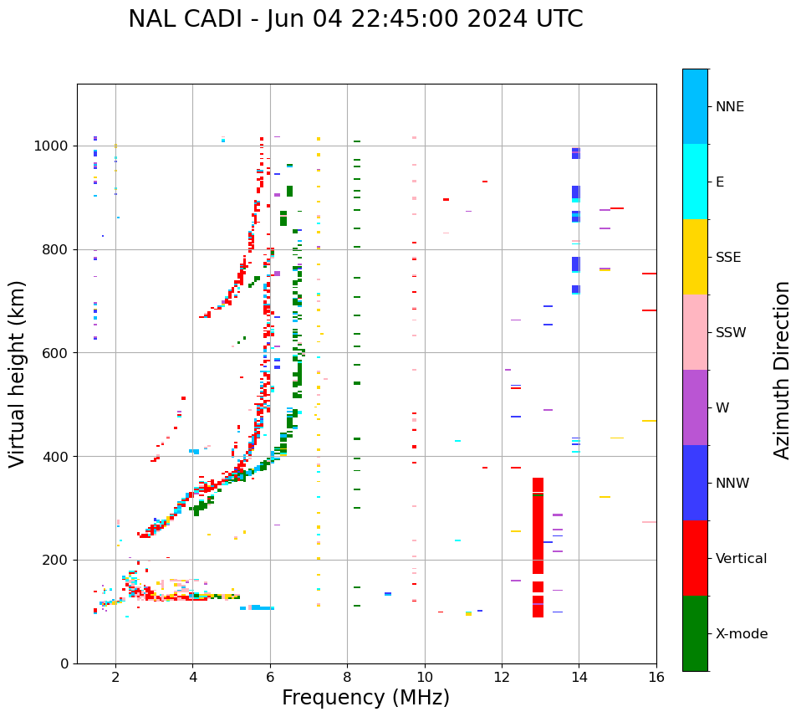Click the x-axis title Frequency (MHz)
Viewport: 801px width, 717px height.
(365, 698)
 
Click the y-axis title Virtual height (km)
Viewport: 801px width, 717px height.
(18, 374)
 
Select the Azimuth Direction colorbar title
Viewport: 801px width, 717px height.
(782, 370)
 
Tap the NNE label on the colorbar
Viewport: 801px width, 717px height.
(730, 107)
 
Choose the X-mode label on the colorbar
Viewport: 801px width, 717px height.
(742, 634)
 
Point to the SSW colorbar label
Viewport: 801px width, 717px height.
(731, 333)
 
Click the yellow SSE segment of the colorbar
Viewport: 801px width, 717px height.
(695, 257)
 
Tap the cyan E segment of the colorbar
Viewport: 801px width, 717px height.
(695, 182)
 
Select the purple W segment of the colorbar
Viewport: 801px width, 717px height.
(695, 407)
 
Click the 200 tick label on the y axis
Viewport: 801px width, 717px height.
(59, 561)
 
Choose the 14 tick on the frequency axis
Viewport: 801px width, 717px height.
(579, 677)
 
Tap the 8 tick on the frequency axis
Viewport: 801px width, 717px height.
(347, 677)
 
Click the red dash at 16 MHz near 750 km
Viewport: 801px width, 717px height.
(649, 274)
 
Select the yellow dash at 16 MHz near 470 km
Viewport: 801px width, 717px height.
(649, 421)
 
